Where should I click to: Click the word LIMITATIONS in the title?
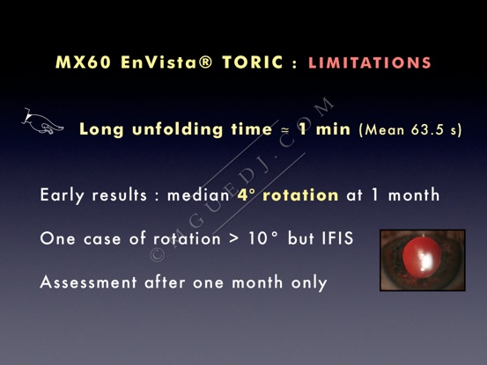[x=370, y=62]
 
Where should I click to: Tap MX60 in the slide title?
[x=83, y=62]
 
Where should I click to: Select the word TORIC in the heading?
[x=253, y=62]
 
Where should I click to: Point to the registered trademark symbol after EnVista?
[x=204, y=62]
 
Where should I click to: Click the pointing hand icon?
[x=42, y=121]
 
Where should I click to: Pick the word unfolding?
[x=177, y=128]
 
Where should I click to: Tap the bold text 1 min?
[x=325, y=128]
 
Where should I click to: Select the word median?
[x=198, y=195]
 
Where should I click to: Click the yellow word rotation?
[x=300, y=195]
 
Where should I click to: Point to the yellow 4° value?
[x=247, y=195]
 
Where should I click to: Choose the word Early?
[x=63, y=196]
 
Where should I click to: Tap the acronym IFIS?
[x=337, y=238]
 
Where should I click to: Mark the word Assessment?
[x=89, y=282]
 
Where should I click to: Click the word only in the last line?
[x=309, y=283]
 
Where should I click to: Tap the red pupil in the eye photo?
[x=422, y=257]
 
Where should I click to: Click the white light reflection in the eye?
[x=424, y=259]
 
